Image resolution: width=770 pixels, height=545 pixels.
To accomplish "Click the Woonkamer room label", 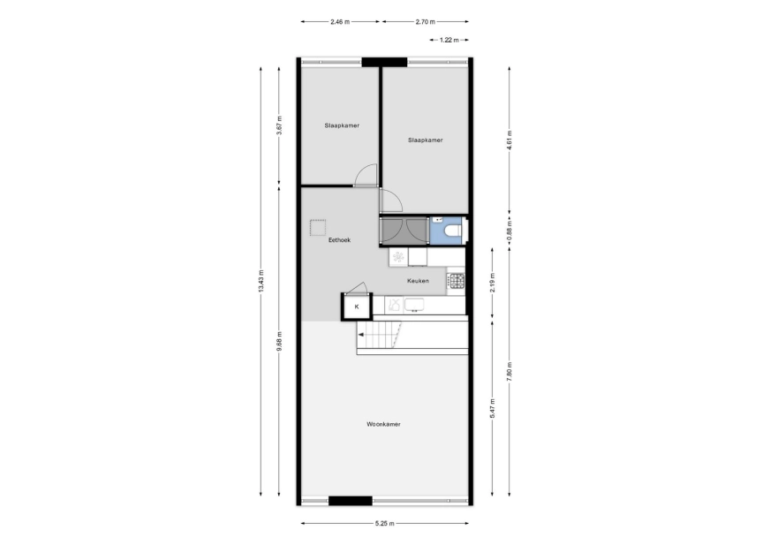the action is (383, 424).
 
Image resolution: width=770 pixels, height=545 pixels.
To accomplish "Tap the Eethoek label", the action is (339, 240).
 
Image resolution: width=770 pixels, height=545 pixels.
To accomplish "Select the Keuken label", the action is (418, 281).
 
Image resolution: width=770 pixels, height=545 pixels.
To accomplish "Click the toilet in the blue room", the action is (452, 230).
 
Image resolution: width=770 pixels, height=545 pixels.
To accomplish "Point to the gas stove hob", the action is (456, 281).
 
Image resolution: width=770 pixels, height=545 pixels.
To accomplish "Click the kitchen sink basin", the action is (414, 305).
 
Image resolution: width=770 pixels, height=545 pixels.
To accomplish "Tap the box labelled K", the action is (357, 307).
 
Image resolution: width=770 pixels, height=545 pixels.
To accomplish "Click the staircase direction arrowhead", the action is (360, 335).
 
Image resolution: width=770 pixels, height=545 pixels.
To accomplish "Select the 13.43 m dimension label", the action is (260, 282).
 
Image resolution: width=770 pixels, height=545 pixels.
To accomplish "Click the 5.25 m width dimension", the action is (384, 524).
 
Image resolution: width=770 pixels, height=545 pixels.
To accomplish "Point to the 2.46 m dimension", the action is (340, 21).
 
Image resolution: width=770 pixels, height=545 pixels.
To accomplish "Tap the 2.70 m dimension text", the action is (426, 21).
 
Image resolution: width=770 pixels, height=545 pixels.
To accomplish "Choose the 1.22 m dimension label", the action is (449, 40).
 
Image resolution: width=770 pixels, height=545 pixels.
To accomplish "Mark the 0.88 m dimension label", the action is (510, 231).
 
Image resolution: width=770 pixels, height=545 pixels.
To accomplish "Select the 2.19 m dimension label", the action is (492, 283).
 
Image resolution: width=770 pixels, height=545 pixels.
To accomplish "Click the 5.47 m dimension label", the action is (492, 409).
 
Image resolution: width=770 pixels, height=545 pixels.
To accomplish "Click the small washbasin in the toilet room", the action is (438, 220).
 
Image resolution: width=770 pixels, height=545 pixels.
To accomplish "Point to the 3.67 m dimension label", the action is (279, 125).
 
